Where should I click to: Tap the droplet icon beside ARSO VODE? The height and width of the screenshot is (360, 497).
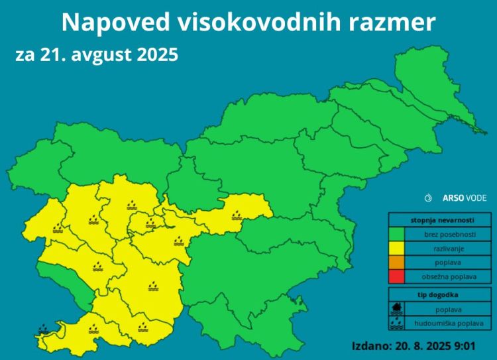pyautogui.click(x=428, y=198)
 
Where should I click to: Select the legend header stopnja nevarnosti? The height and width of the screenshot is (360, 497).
pyautogui.click(x=440, y=220)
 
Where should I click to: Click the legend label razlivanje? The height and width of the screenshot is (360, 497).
pyautogui.click(x=449, y=248)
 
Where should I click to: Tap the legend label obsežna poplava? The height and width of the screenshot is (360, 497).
pyautogui.click(x=449, y=276)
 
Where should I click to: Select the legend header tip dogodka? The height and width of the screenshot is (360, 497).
pyautogui.click(x=440, y=294)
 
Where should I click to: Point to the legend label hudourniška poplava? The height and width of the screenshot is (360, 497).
pyautogui.click(x=449, y=324)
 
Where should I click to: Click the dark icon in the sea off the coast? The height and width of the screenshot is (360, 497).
pyautogui.click(x=43, y=328)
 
